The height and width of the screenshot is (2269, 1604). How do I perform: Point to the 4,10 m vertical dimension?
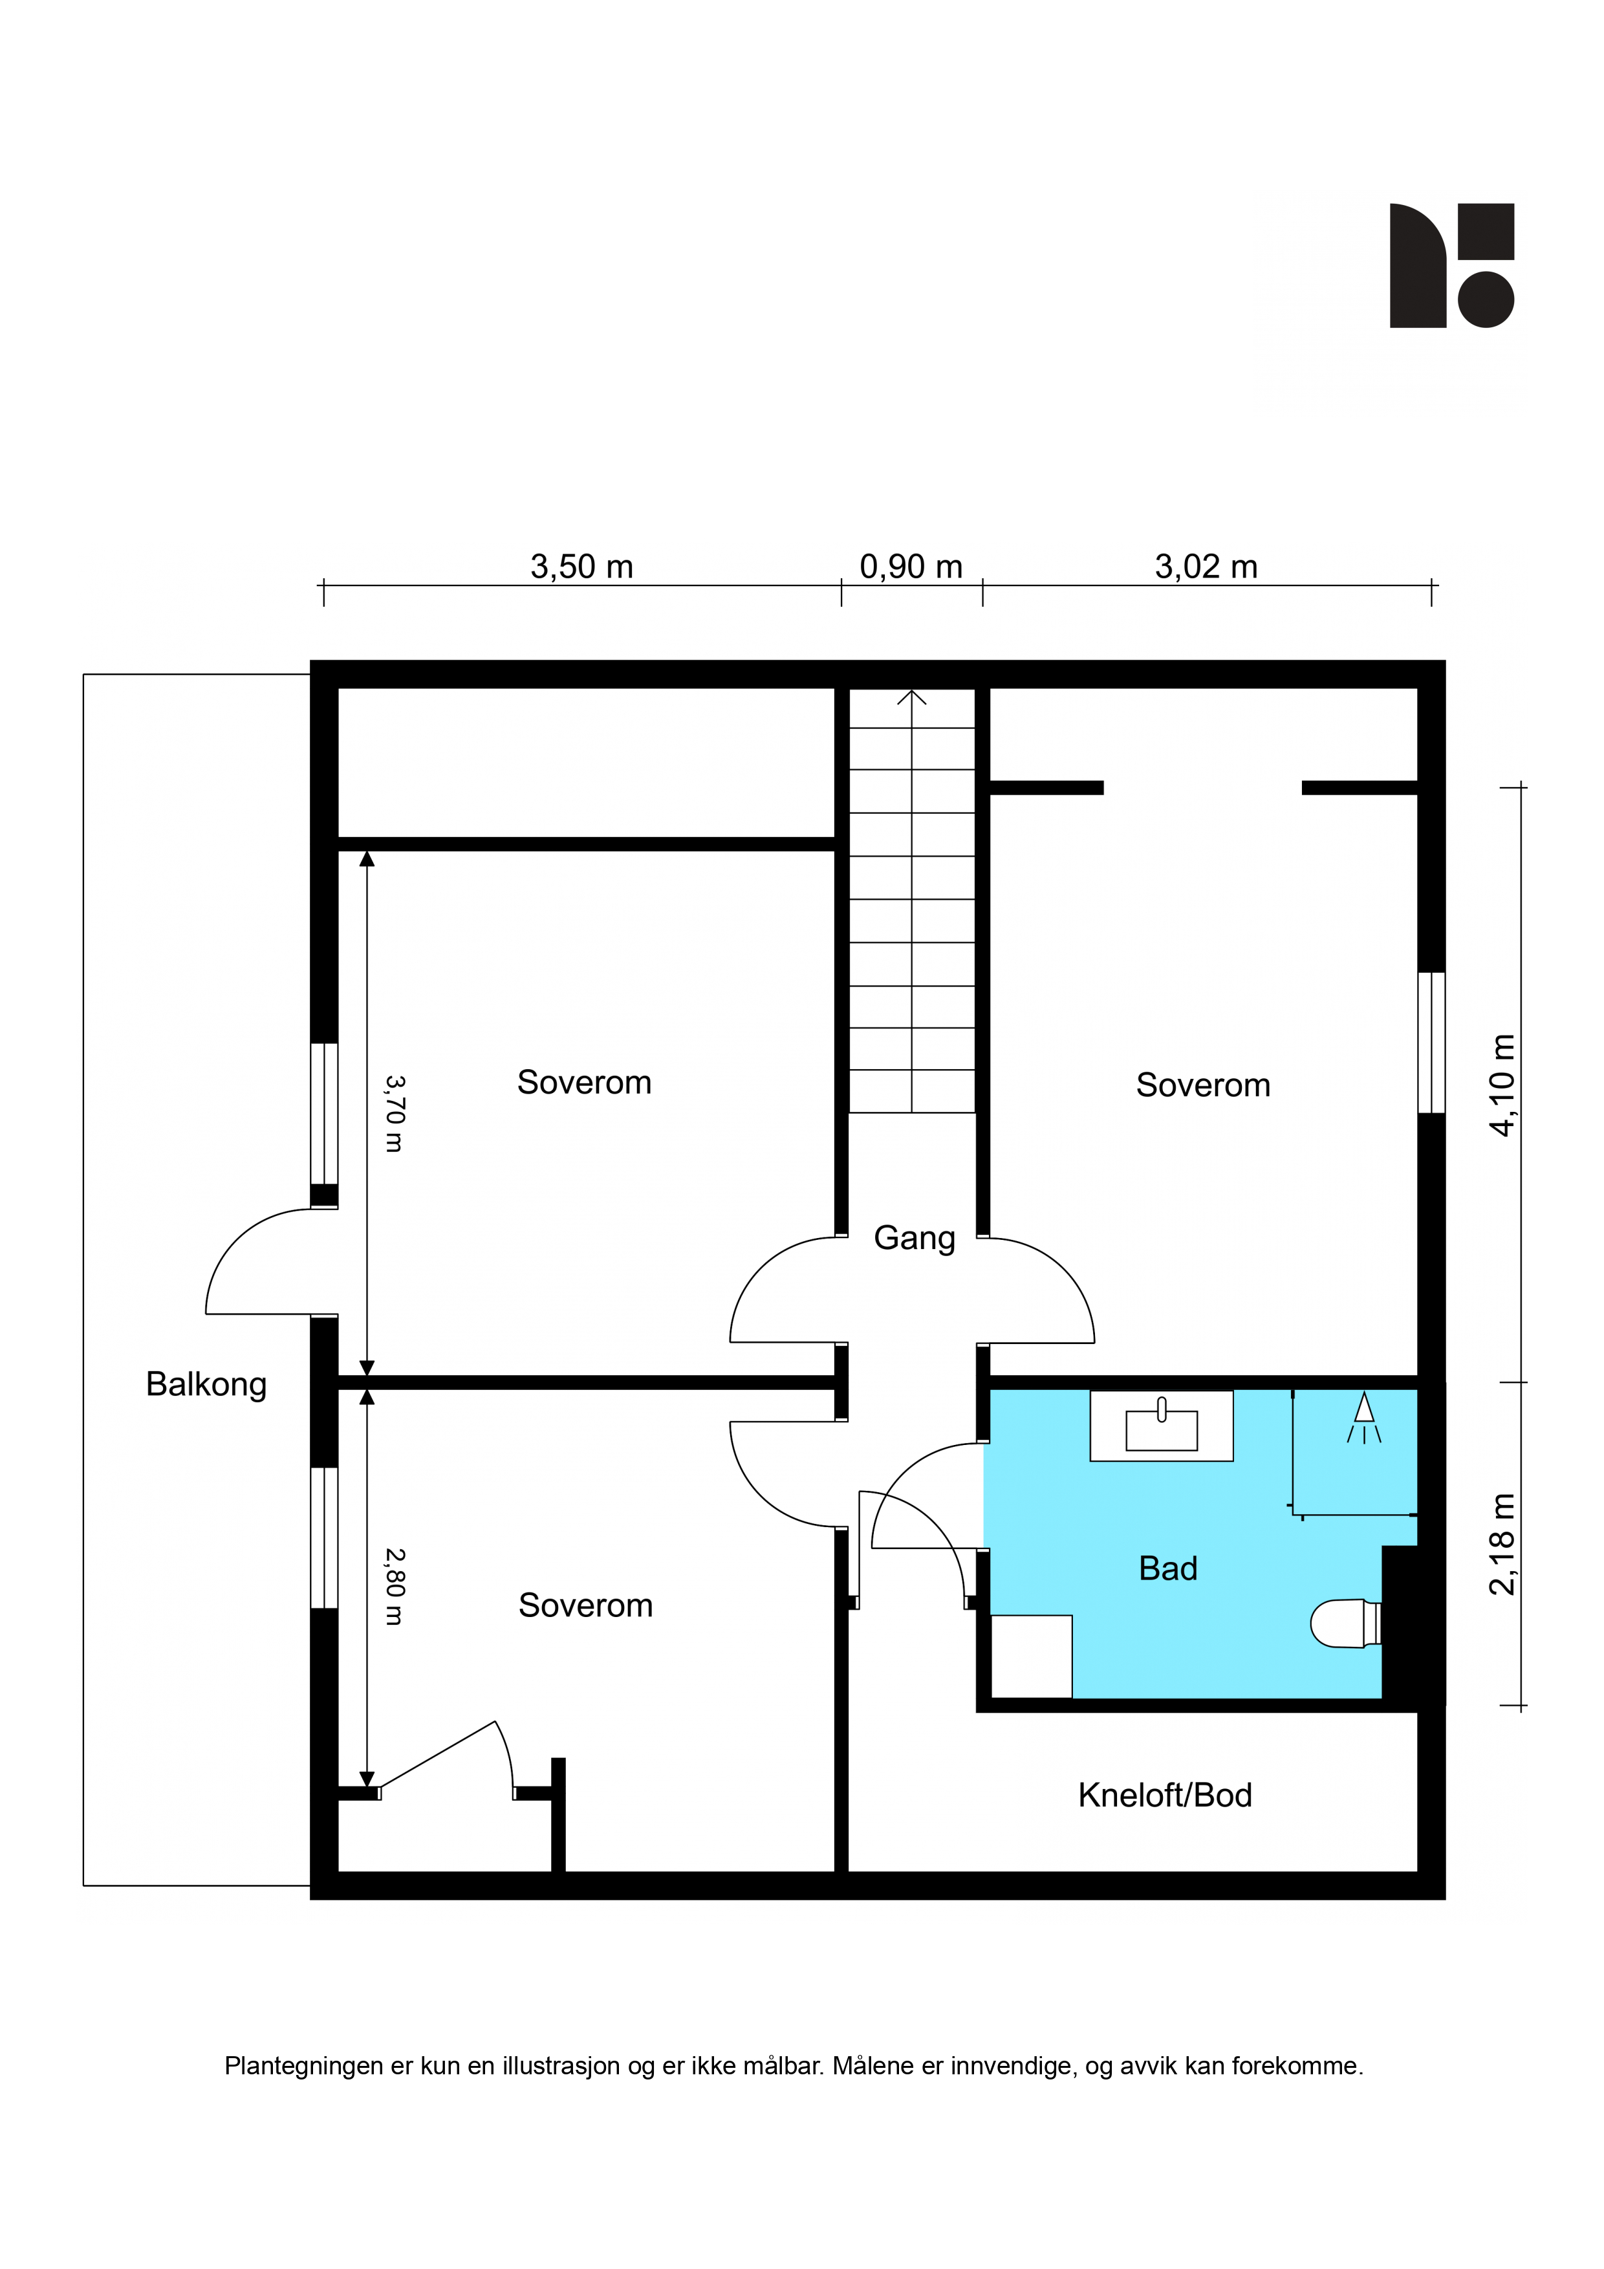point(1501,1085)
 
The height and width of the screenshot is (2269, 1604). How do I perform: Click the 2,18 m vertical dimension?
point(1501,1544)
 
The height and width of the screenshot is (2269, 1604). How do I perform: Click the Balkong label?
point(206,1385)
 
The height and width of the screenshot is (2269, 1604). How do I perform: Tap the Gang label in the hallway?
point(914,1238)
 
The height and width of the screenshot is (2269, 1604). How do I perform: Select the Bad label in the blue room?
point(1167,1569)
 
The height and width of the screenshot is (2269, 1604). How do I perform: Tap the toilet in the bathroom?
point(1345,1623)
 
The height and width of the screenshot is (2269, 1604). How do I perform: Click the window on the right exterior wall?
point(1431,1043)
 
